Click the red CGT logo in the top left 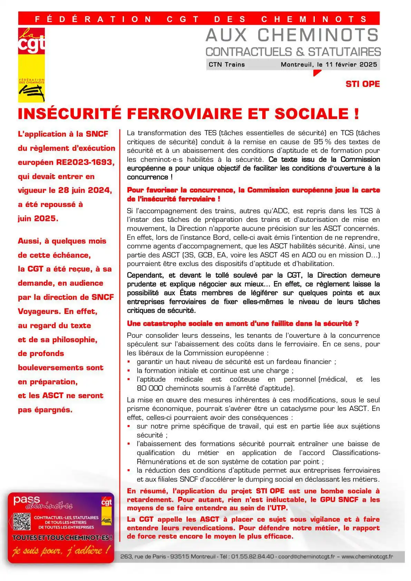31,41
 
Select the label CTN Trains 226,65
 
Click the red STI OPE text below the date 362,84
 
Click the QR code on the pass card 22,521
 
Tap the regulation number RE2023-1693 85,162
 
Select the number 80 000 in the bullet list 150,388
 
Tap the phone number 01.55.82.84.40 252,557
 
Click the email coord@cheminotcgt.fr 306,557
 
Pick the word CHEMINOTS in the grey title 318,35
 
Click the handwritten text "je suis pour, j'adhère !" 61,550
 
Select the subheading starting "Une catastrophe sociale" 243,323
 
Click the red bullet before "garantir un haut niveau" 129,362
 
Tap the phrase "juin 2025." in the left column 38,218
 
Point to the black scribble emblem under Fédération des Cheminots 31,92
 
